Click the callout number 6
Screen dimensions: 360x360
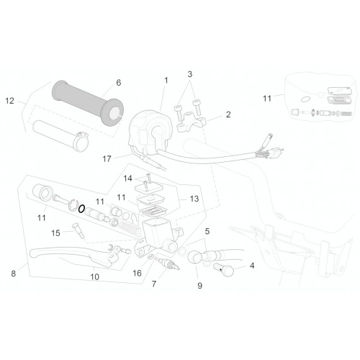(119, 83)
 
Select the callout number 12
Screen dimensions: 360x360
(10, 101)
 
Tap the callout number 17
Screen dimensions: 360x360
(107, 158)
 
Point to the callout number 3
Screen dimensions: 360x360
(190, 74)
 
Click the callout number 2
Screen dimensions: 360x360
(228, 114)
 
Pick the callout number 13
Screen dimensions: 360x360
(194, 199)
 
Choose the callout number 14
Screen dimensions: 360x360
(127, 179)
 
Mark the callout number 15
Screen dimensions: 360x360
(55, 233)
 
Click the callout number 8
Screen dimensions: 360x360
(14, 274)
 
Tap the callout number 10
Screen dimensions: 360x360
(94, 277)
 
